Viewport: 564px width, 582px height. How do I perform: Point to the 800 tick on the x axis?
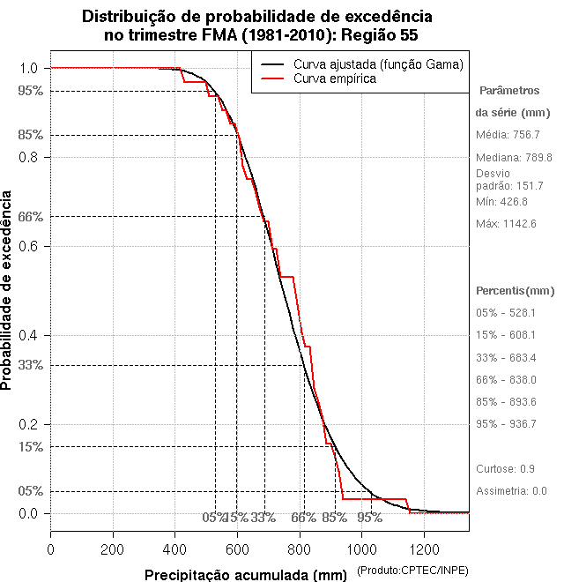coord(300,548)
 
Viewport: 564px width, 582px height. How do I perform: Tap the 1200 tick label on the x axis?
coord(424,548)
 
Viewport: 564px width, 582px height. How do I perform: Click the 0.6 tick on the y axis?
coord(28,246)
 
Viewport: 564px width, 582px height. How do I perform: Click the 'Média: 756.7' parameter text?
coord(508,135)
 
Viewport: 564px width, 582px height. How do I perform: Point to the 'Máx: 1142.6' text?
coord(506,223)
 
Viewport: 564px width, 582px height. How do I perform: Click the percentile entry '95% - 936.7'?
coord(506,424)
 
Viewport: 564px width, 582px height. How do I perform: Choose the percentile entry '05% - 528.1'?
coord(506,313)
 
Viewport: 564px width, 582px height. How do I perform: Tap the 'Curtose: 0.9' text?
coord(504,468)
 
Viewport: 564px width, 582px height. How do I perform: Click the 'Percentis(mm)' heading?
coord(516,291)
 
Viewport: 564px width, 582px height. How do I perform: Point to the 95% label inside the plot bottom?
coord(369,518)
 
